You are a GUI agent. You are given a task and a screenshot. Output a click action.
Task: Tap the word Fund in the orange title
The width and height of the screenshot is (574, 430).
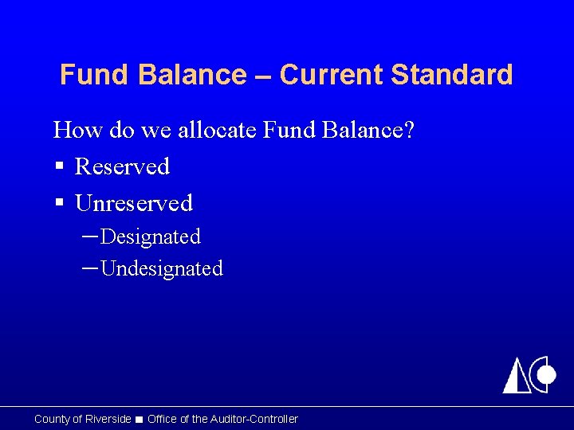(86, 75)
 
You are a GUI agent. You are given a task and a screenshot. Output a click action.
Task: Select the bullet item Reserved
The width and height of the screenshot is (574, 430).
(122, 166)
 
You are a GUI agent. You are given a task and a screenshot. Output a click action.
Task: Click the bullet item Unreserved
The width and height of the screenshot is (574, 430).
(134, 203)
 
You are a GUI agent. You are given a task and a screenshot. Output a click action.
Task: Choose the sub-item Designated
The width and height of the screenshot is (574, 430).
(151, 236)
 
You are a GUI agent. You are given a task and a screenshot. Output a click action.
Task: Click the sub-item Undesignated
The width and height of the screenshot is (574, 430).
(162, 268)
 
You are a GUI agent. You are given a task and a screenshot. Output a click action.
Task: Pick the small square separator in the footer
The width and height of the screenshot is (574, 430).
(140, 420)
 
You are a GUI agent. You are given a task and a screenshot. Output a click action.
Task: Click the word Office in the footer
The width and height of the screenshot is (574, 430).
(163, 419)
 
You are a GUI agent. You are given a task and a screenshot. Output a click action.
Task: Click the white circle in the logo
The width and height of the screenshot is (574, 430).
(547, 373)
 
